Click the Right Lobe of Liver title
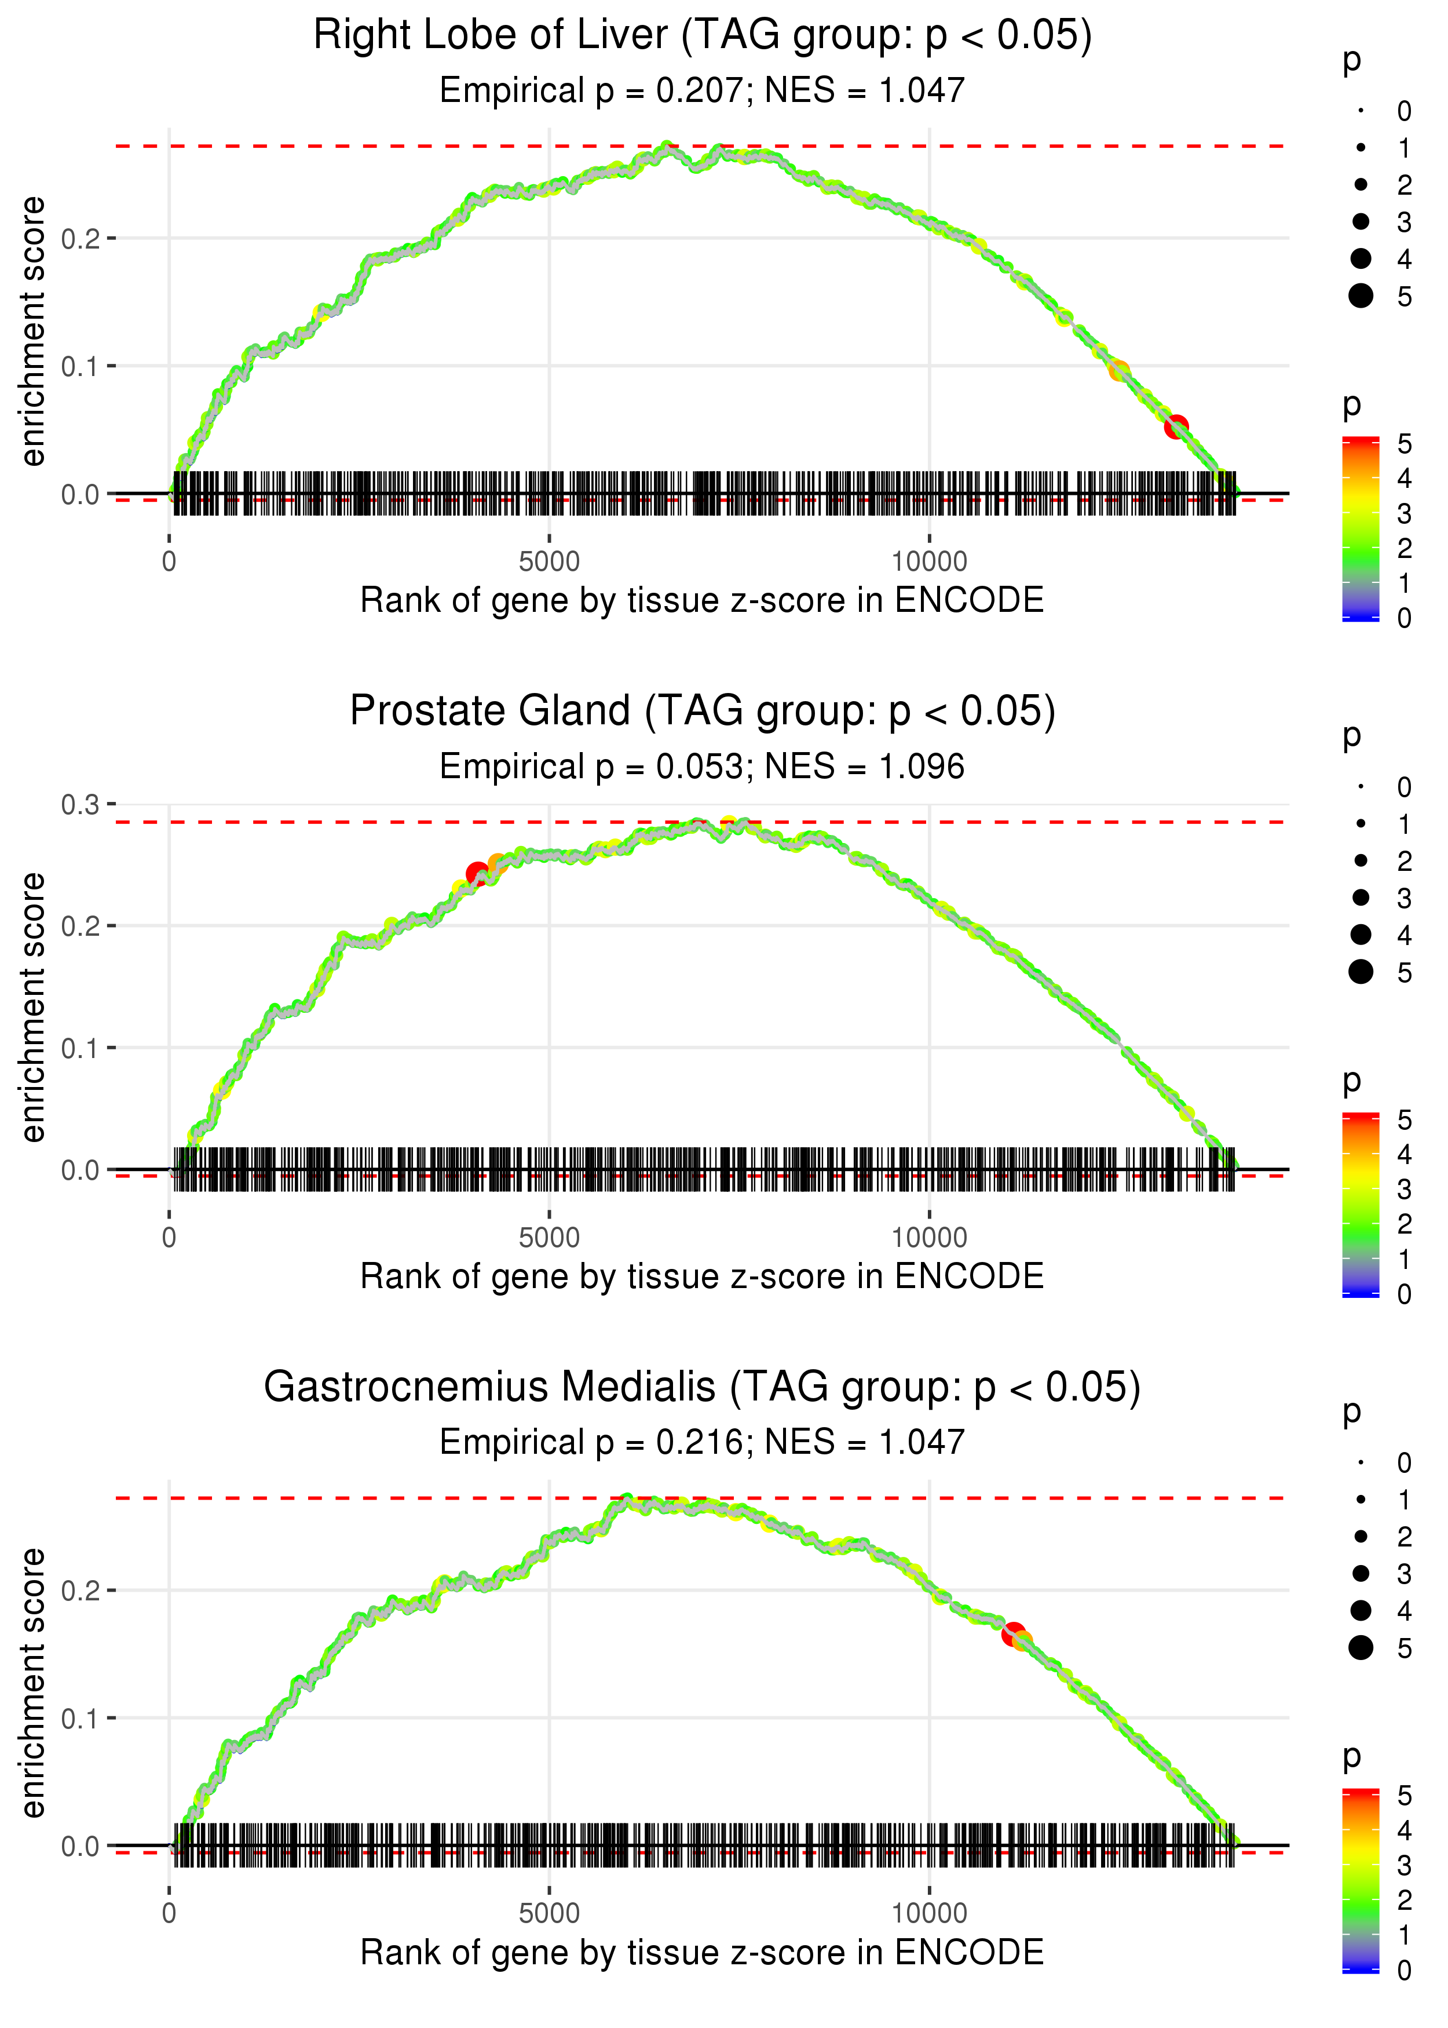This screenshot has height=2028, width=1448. point(702,36)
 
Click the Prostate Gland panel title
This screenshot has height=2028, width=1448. point(702,712)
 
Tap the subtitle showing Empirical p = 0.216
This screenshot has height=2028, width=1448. point(702,1442)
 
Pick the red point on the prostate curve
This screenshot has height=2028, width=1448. point(477,873)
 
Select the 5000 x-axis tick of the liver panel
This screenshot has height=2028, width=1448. point(549,562)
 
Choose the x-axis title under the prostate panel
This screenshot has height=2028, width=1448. point(702,1276)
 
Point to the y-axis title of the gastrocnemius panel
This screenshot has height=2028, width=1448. point(33,1683)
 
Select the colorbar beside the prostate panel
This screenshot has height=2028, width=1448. point(1360,1204)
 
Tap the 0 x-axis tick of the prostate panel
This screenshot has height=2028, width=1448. point(169,1238)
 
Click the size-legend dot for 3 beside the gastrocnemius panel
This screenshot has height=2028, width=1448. point(1361,1573)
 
